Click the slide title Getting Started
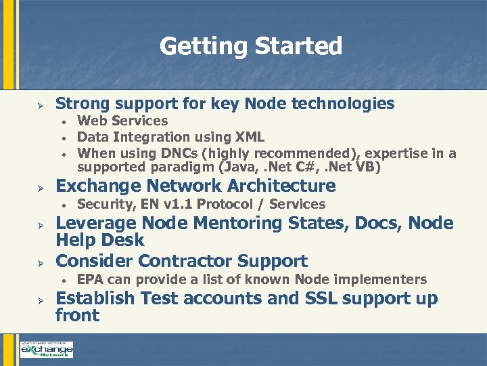point(251,46)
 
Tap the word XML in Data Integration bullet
point(250,138)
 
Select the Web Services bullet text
point(122,121)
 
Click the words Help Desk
point(100,240)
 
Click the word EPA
point(91,279)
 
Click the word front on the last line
point(77,315)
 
